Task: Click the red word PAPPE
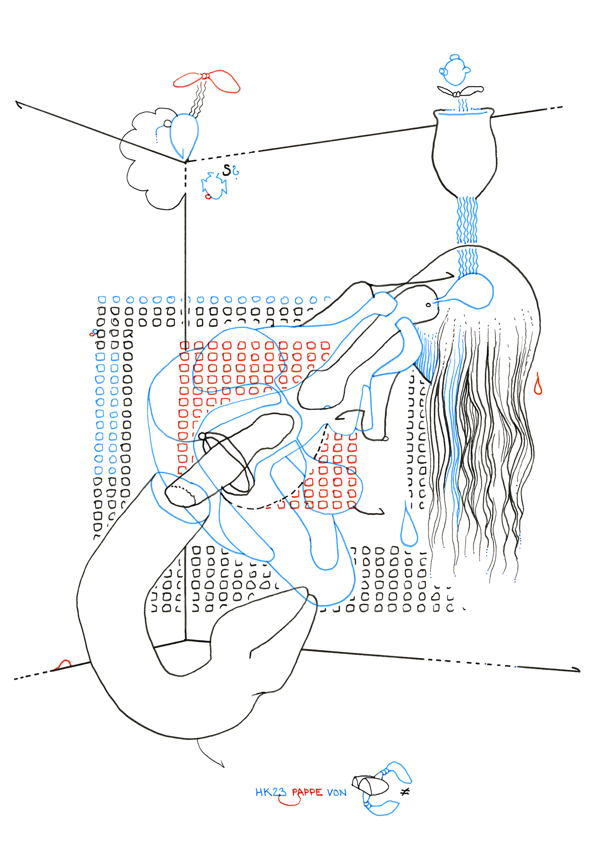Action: pyautogui.click(x=307, y=792)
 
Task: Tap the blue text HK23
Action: pyautogui.click(x=271, y=792)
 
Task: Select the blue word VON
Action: pyautogui.click(x=337, y=793)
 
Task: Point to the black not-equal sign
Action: pyautogui.click(x=405, y=792)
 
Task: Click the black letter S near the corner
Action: pyautogui.click(x=227, y=170)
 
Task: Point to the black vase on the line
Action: pyautogui.click(x=464, y=152)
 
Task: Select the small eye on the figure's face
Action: pyautogui.click(x=429, y=305)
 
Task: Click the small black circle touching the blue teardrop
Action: pyautogui.click(x=167, y=123)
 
